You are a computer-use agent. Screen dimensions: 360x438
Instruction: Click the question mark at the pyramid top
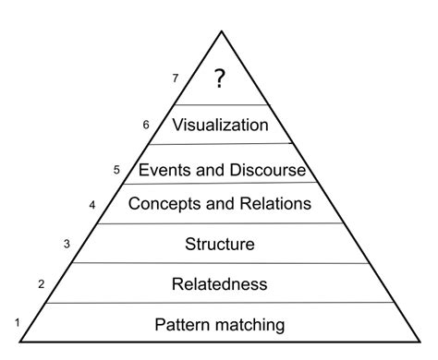pyautogui.click(x=219, y=79)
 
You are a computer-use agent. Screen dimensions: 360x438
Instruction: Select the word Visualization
pyautogui.click(x=220, y=125)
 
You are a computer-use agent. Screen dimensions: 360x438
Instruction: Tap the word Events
pyautogui.click(x=162, y=170)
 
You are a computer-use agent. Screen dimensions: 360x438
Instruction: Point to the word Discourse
pyautogui.click(x=263, y=170)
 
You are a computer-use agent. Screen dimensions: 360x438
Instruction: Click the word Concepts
pyautogui.click(x=164, y=203)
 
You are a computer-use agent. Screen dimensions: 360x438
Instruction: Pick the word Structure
pyautogui.click(x=220, y=245)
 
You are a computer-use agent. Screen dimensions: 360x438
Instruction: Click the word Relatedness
pyautogui.click(x=220, y=283)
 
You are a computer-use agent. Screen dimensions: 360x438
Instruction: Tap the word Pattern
pyautogui.click(x=185, y=324)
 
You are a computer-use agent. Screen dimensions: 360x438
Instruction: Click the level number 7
pyautogui.click(x=175, y=78)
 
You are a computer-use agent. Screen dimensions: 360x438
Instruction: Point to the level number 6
pyautogui.click(x=145, y=124)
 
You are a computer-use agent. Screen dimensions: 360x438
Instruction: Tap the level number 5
pyautogui.click(x=116, y=170)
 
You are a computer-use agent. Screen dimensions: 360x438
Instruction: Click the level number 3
pyautogui.click(x=67, y=244)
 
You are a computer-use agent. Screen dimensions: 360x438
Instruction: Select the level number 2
pyautogui.click(x=42, y=284)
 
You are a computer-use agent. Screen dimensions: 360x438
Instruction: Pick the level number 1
pyautogui.click(x=17, y=322)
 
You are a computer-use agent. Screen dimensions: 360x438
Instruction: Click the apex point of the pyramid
pyautogui.click(x=221, y=30)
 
